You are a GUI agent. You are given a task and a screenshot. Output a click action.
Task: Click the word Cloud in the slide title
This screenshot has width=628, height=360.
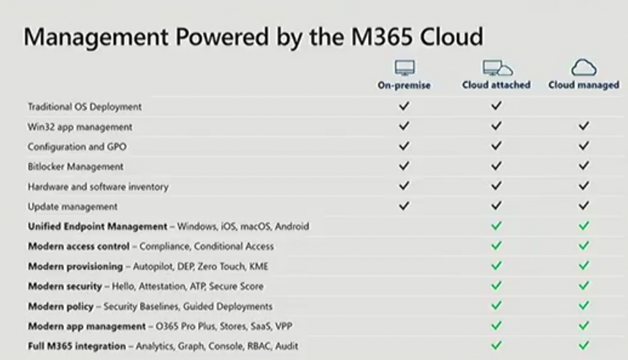(451, 36)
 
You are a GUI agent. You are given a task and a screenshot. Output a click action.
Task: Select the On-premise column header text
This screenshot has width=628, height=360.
(404, 85)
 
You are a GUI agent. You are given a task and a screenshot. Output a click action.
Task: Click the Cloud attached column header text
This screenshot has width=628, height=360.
(496, 85)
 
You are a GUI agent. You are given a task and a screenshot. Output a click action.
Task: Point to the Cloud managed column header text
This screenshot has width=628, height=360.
(584, 85)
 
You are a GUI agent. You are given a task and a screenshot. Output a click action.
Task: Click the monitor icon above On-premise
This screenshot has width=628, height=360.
(405, 67)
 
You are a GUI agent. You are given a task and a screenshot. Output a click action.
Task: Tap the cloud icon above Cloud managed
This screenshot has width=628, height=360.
(584, 67)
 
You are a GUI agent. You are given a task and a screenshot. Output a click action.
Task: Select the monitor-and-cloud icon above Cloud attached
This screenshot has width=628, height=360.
(497, 67)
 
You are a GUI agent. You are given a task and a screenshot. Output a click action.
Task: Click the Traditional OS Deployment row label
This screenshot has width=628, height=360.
(85, 107)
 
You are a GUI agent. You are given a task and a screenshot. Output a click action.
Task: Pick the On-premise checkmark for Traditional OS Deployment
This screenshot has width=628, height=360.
(404, 105)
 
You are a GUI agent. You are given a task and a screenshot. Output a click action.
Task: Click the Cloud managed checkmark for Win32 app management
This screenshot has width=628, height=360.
(584, 126)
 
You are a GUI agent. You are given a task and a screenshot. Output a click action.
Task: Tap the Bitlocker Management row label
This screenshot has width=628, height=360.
(75, 167)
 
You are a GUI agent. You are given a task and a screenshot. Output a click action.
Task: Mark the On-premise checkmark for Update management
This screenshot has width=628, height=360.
(404, 206)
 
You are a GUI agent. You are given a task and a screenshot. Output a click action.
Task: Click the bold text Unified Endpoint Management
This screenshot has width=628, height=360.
(98, 226)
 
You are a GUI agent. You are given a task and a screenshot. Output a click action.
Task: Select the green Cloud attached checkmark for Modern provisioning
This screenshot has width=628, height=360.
(496, 266)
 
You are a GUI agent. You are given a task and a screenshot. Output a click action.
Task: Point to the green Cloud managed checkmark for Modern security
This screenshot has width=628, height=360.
(584, 286)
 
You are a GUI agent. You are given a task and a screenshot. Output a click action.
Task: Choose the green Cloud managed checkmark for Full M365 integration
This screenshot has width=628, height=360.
(584, 345)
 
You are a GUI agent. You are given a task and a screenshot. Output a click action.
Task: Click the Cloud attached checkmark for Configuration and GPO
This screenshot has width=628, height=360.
(496, 146)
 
